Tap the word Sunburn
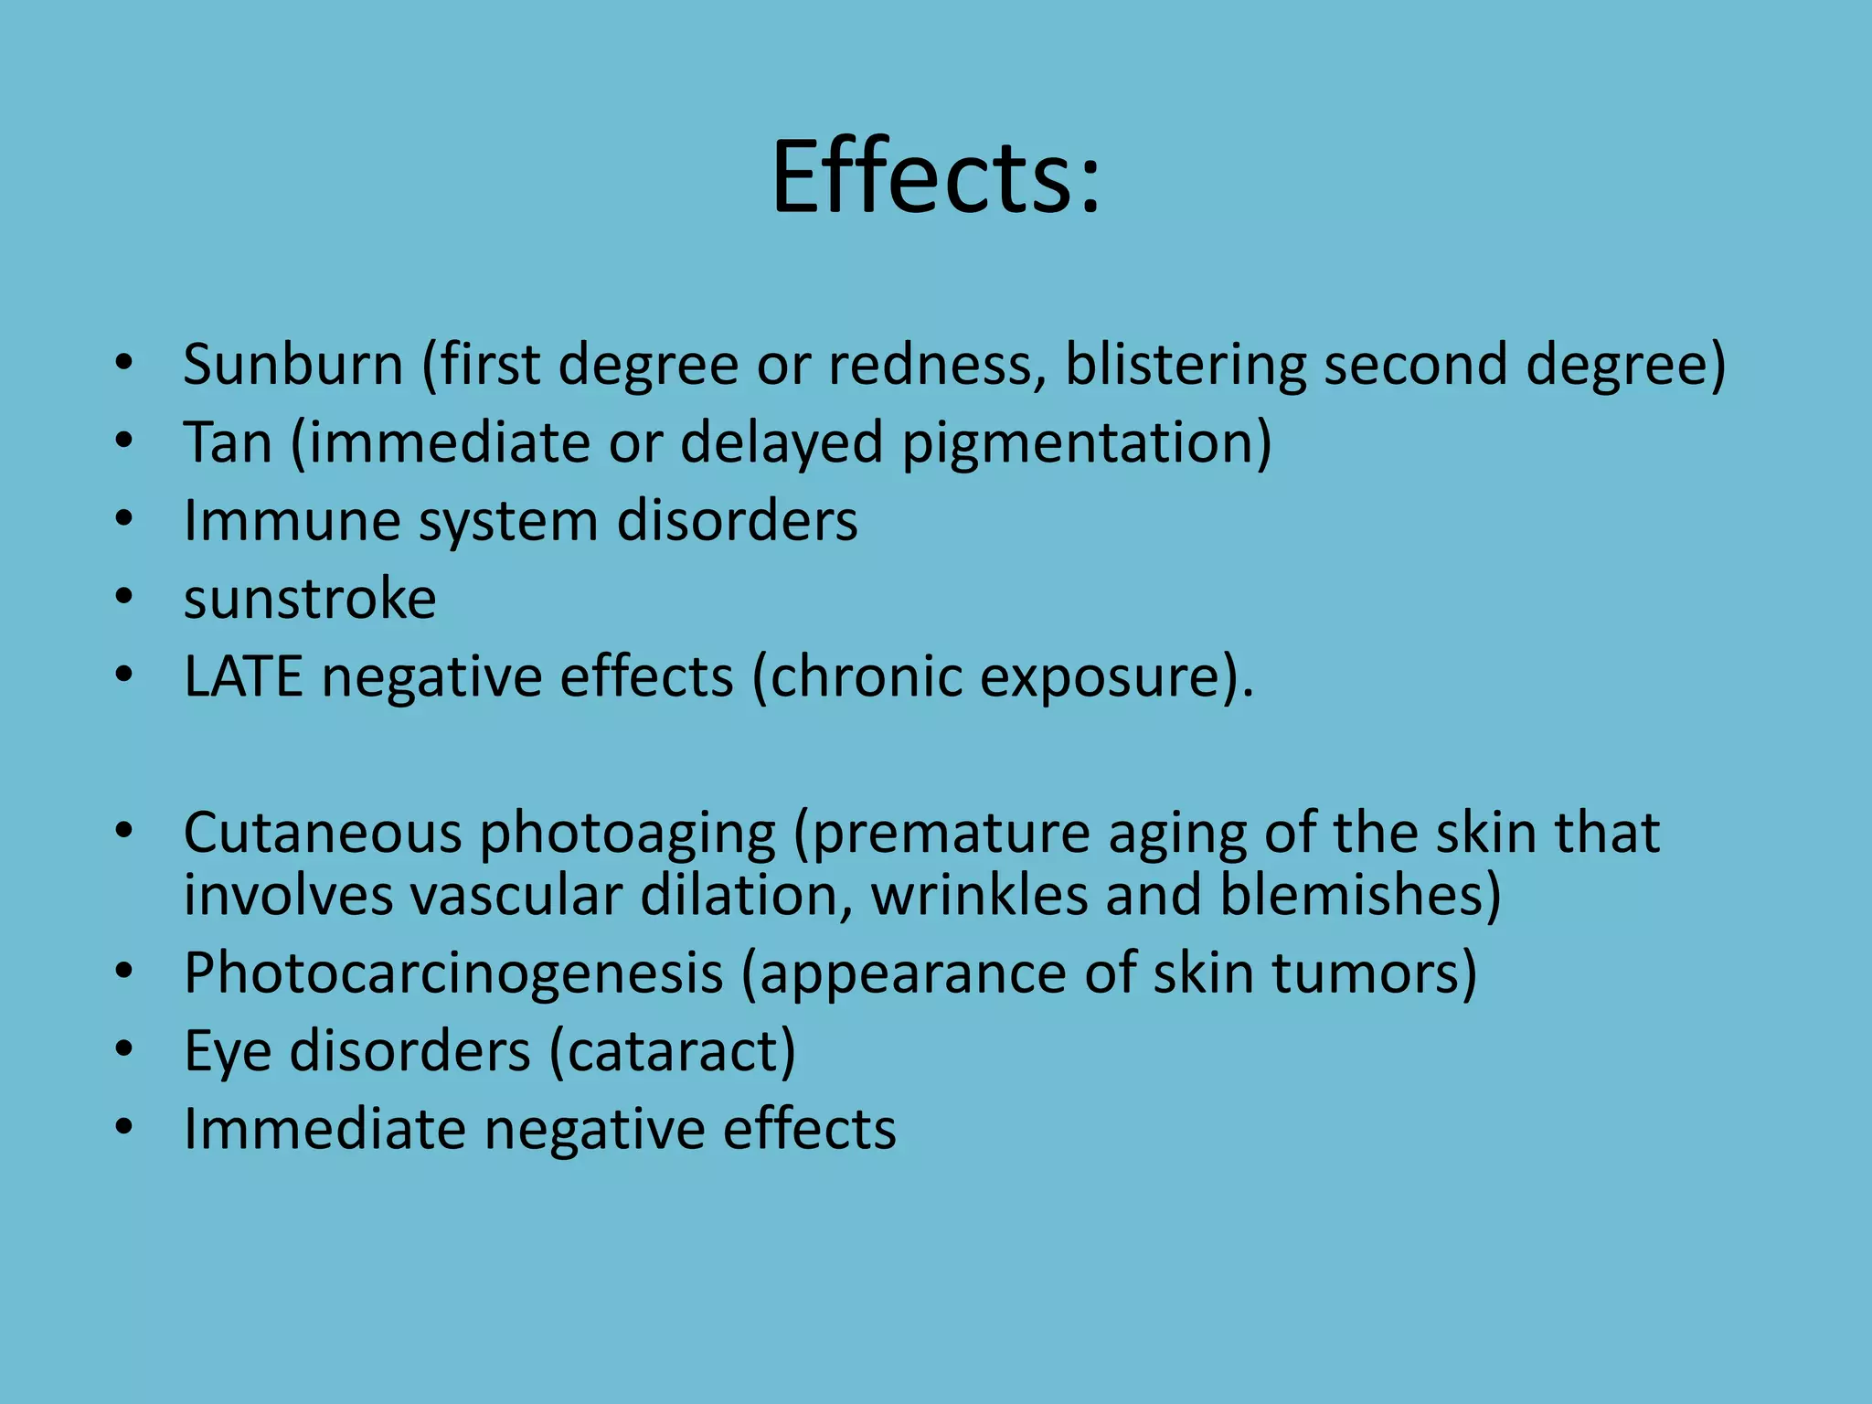(292, 365)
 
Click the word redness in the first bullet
(936, 365)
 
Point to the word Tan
(228, 443)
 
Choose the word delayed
(782, 443)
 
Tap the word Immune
(292, 521)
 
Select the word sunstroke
(310, 600)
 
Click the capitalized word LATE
(243, 677)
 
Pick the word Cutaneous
(323, 834)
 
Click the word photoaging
(627, 834)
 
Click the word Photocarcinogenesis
(453, 973)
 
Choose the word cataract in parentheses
(673, 1051)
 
